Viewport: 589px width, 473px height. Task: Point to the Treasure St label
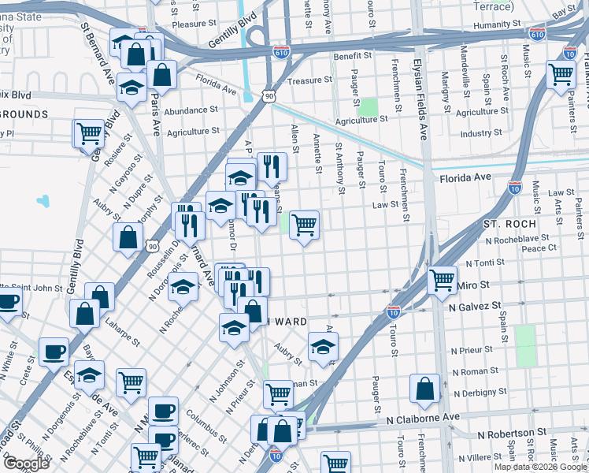pos(305,80)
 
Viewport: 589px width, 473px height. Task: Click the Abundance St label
pos(191,111)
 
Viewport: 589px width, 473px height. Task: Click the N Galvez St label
pos(475,305)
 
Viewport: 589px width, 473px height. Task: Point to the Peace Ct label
pos(539,248)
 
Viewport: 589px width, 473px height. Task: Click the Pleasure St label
pos(188,24)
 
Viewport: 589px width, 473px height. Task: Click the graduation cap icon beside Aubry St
pos(322,346)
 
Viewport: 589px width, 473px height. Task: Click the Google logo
pos(27,464)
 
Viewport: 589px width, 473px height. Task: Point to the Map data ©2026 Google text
pos(540,467)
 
